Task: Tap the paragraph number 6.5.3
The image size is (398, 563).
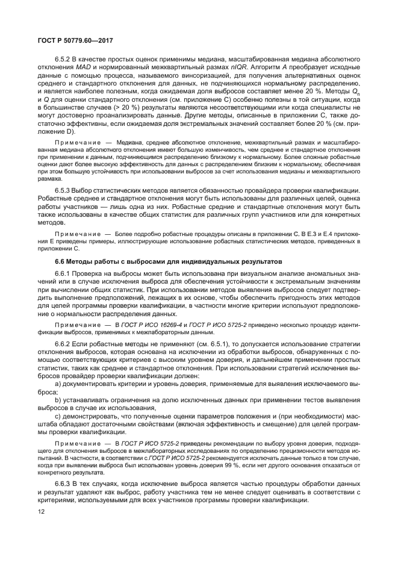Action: [63, 191]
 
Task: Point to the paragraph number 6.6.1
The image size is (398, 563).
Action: [63, 274]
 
